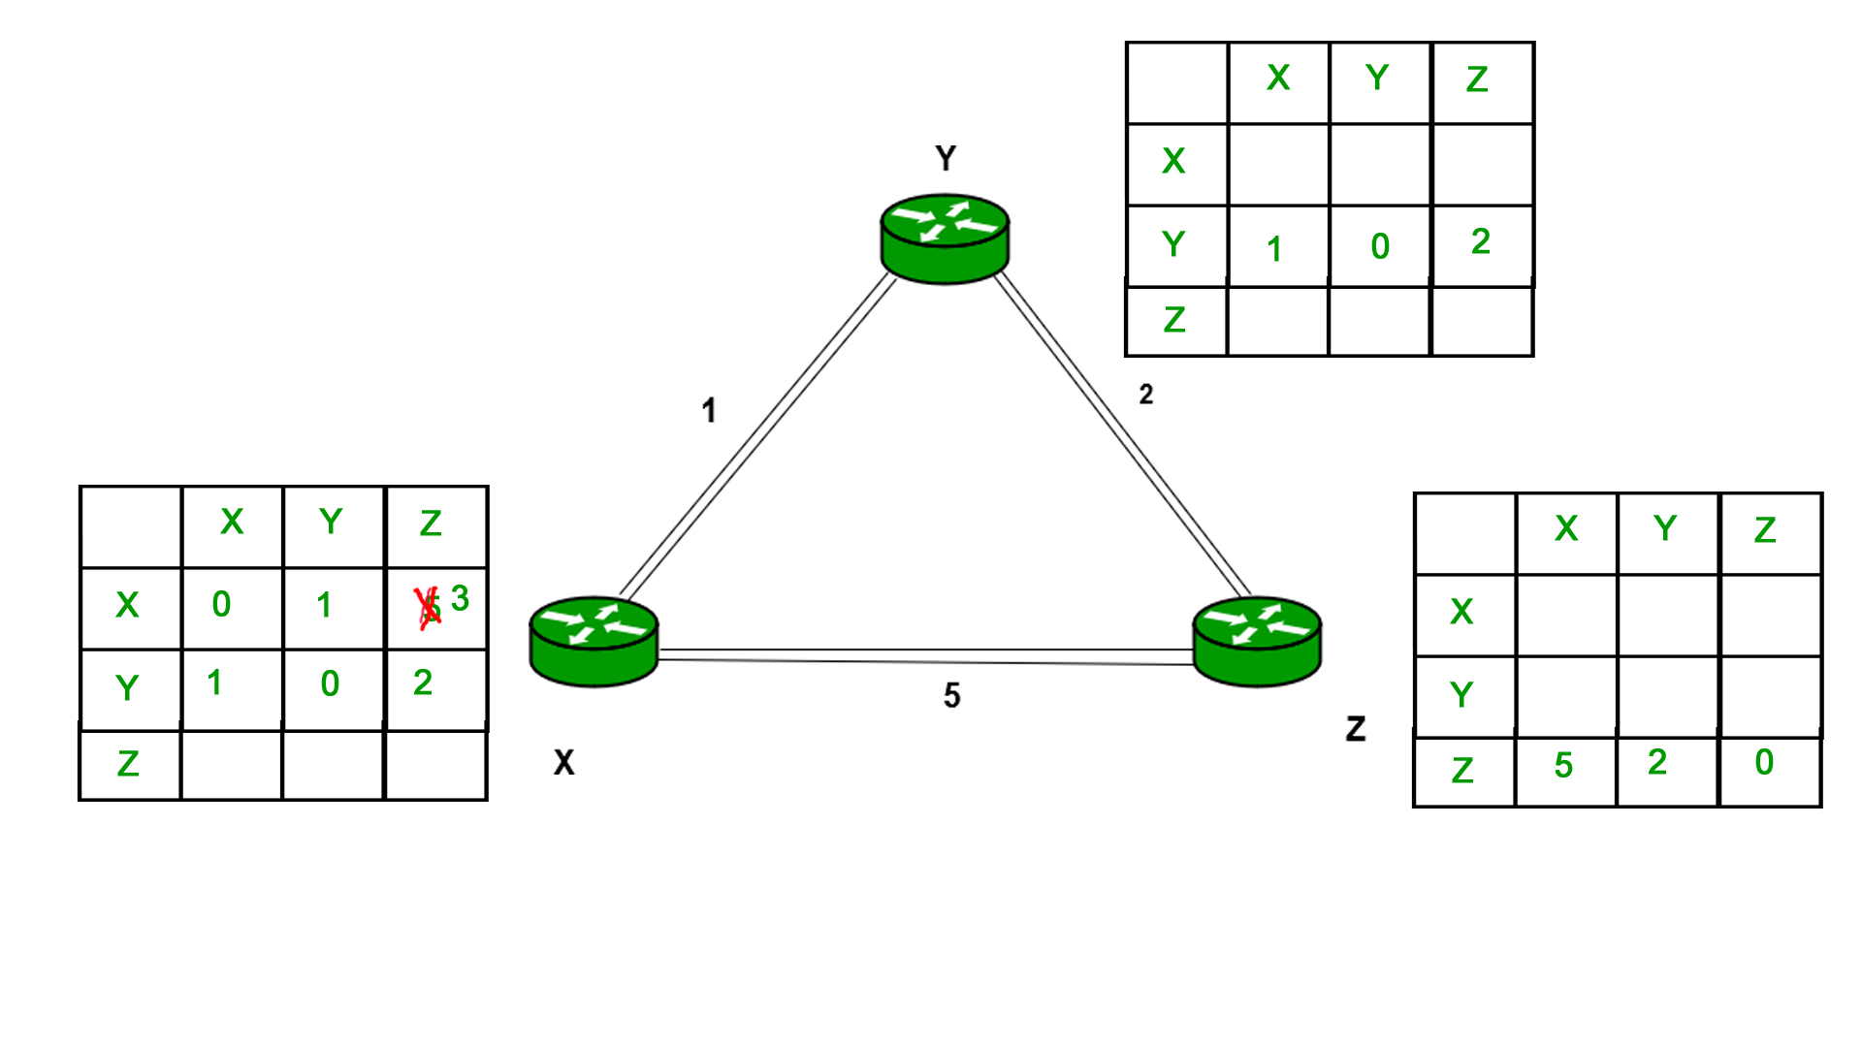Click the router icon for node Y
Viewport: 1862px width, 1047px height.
pyautogui.click(x=945, y=240)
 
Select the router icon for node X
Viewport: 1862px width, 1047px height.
pyautogui.click(x=594, y=641)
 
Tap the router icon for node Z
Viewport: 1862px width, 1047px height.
pyautogui.click(x=1257, y=641)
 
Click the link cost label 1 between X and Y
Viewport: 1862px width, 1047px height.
pyautogui.click(x=709, y=410)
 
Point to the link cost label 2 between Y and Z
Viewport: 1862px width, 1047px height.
pyautogui.click(x=1146, y=395)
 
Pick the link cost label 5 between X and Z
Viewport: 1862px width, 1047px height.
pyautogui.click(x=952, y=695)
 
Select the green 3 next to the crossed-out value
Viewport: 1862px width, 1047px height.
pyautogui.click(x=461, y=598)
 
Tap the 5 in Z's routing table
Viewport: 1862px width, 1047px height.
pyautogui.click(x=1563, y=766)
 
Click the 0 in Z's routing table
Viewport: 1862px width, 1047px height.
pyautogui.click(x=1764, y=762)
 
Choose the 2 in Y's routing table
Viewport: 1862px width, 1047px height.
pyautogui.click(x=1480, y=241)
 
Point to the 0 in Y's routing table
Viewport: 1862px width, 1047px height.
pyautogui.click(x=1380, y=246)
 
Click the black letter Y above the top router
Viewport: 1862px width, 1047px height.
pyautogui.click(x=946, y=158)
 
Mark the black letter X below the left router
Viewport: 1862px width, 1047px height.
pyautogui.click(x=563, y=763)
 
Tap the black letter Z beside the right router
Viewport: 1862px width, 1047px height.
pyautogui.click(x=1356, y=729)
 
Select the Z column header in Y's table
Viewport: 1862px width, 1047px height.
pyautogui.click(x=1477, y=79)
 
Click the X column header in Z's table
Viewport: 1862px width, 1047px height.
pyautogui.click(x=1566, y=528)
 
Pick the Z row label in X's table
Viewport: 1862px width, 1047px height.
pyautogui.click(x=128, y=764)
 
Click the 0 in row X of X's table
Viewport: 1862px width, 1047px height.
pyautogui.click(x=222, y=604)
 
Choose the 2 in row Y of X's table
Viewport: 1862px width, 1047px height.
pyautogui.click(x=423, y=682)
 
